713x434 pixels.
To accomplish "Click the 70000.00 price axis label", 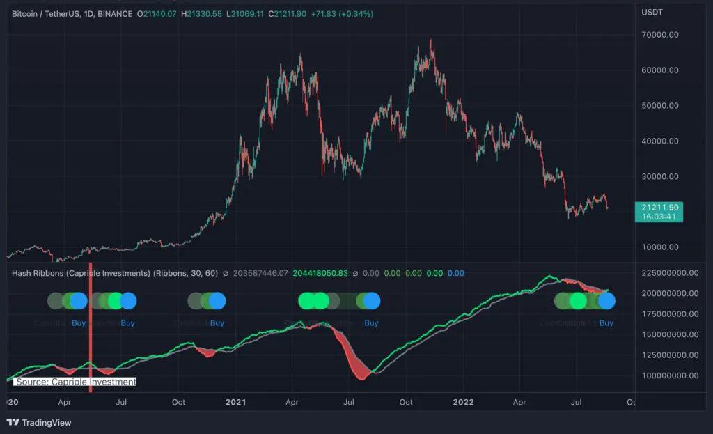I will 659,35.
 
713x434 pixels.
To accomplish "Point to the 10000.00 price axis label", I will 659,247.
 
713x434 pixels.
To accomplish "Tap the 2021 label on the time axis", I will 237,402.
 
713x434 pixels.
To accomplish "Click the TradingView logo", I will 39,422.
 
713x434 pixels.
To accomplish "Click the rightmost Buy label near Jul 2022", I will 606,323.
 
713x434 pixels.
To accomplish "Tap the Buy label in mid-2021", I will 371,323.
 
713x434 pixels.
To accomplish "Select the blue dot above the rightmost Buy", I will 606,301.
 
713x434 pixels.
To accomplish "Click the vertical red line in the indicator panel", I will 91,327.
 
